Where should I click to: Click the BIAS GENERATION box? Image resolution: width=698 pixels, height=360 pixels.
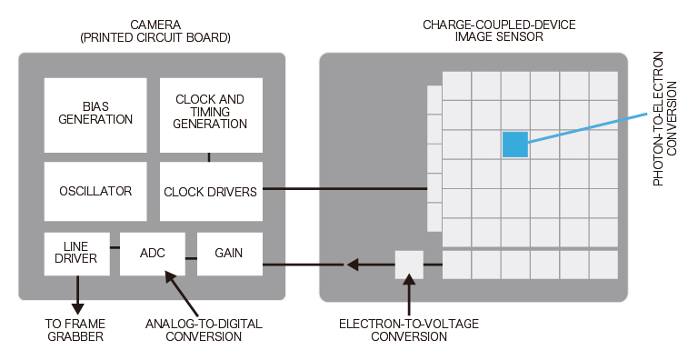tap(95, 114)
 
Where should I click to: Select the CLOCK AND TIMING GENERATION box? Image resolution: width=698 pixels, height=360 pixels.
tap(210, 114)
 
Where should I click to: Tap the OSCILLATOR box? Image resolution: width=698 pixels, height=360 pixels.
tap(95, 191)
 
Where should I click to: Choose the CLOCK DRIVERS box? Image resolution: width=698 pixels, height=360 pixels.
tap(210, 192)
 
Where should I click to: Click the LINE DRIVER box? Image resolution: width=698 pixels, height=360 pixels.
tap(75, 254)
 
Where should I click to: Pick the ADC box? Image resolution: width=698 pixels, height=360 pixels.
tap(153, 254)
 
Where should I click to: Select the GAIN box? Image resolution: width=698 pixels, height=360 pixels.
tap(229, 254)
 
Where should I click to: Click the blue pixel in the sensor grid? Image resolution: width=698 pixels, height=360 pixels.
tap(515, 145)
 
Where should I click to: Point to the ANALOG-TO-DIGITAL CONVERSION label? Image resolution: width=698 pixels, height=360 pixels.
tap(194, 330)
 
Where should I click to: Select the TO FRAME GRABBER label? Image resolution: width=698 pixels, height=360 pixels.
tap(75, 330)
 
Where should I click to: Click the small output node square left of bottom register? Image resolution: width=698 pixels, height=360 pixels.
tap(409, 265)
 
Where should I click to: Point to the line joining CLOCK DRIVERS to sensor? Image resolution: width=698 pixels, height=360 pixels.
tap(345, 189)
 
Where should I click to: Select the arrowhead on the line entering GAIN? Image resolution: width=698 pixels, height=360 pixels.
tap(351, 265)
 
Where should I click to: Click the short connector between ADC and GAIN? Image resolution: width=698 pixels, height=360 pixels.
tap(191, 259)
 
